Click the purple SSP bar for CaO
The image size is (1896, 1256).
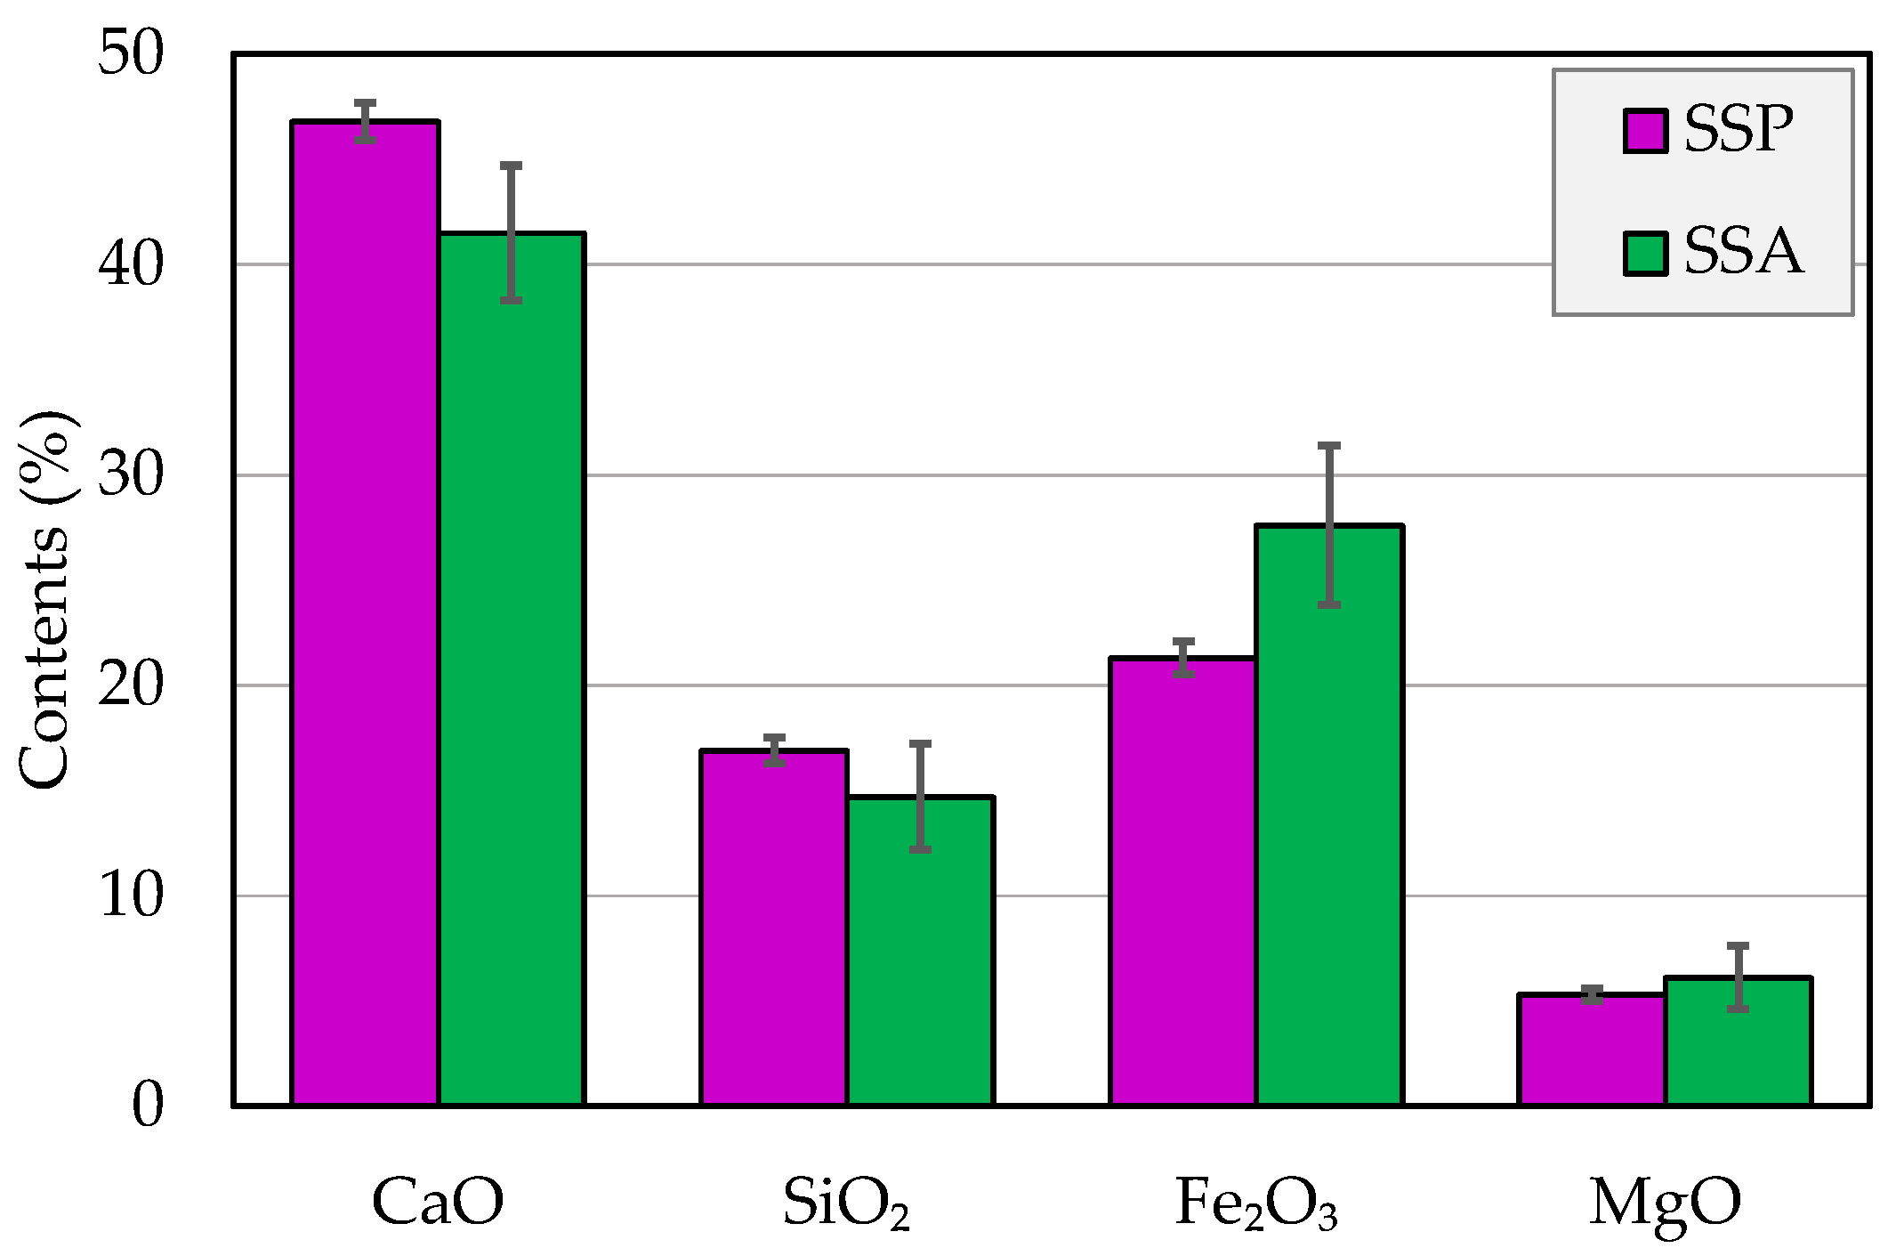[x=365, y=614]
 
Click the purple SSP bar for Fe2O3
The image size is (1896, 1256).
[x=1183, y=881]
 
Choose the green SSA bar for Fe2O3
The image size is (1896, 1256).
[x=1329, y=814]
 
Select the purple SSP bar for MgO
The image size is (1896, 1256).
[x=1592, y=1049]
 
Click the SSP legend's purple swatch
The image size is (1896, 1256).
[x=1645, y=132]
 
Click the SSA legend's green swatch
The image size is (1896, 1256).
[x=1645, y=254]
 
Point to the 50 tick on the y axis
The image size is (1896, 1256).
[x=132, y=53]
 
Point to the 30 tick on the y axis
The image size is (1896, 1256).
[x=132, y=474]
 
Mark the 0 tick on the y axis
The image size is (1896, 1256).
[x=148, y=1106]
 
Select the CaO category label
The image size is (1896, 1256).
[x=438, y=1202]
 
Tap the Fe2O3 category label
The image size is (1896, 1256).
[x=1256, y=1203]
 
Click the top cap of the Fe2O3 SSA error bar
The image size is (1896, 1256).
[x=1329, y=445]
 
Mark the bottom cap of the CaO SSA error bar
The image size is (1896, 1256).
[x=511, y=301]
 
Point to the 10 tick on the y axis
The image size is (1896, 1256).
[x=132, y=895]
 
